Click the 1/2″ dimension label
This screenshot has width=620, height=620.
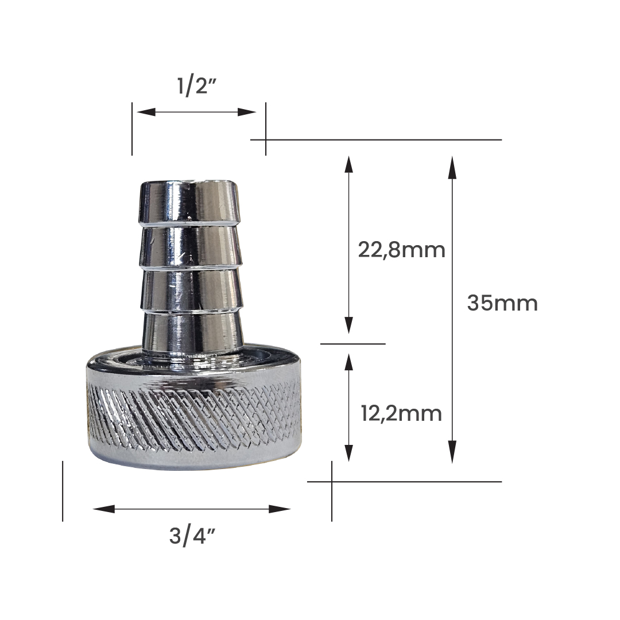pyautogui.click(x=196, y=86)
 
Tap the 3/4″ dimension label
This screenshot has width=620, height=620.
pyautogui.click(x=192, y=537)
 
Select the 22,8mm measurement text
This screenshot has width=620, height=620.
pyautogui.click(x=401, y=250)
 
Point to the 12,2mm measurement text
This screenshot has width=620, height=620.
pyautogui.click(x=401, y=414)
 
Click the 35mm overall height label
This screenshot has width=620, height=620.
pyautogui.click(x=502, y=303)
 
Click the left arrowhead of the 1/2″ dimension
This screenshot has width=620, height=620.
pyautogui.click(x=146, y=113)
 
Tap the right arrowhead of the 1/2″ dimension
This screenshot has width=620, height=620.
pyautogui.click(x=247, y=113)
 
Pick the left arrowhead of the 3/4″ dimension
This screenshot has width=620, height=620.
pyautogui.click(x=103, y=509)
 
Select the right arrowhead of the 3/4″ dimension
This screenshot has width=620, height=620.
pyautogui.click(x=280, y=509)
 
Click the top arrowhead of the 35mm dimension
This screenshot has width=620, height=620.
pyautogui.click(x=452, y=168)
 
